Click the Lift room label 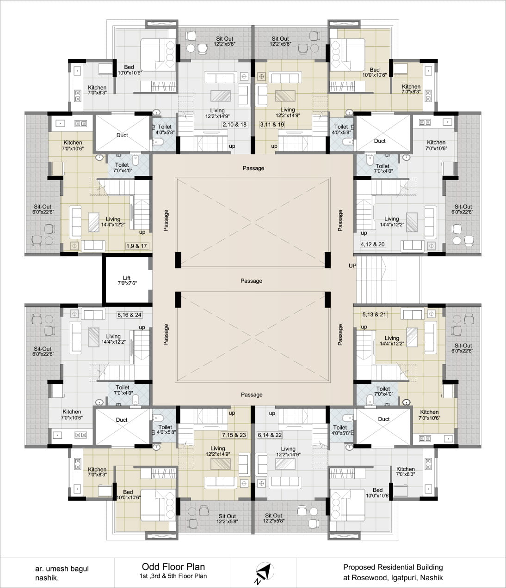point(127,278)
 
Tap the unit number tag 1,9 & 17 point(137,246)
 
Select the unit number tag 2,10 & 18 point(234,124)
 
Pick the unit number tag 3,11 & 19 point(272,124)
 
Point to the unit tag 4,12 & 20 point(373,244)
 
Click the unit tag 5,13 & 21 point(374,315)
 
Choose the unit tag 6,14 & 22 point(270,435)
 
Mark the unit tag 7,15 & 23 point(234,435)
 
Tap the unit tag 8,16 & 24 point(130,315)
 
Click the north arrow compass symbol point(265,571)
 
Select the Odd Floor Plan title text point(173,566)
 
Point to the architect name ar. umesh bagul point(62,569)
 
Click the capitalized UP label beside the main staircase point(352,266)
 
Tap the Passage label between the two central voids point(251,281)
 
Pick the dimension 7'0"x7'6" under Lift point(127,283)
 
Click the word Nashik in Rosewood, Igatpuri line point(432,578)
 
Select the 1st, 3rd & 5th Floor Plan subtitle point(173,576)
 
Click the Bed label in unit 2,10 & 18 point(129,67)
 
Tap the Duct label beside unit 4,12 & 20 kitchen point(379,141)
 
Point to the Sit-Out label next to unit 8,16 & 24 point(43,349)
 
